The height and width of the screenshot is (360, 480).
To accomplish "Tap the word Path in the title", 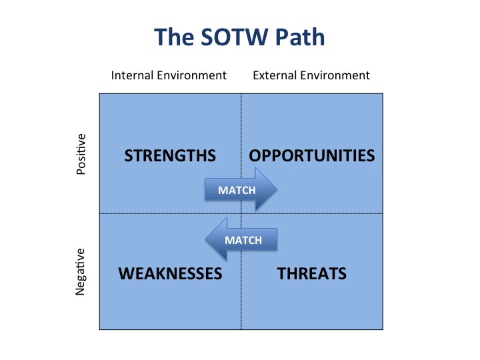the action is (300, 37).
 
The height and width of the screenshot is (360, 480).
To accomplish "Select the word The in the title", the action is (174, 37).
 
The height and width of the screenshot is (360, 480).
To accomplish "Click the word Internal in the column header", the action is (132, 75).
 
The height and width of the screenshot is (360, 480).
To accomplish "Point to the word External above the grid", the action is (275, 75).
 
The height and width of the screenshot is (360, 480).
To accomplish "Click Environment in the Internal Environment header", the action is (191, 75).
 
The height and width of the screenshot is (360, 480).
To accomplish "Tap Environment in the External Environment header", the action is (335, 75).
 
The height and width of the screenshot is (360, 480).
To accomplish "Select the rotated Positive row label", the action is (81, 154).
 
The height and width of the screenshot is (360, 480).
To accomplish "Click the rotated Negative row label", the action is (80, 272).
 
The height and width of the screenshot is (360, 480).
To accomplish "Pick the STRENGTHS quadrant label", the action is (170, 155).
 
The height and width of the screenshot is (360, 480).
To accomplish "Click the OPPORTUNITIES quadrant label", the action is (312, 155).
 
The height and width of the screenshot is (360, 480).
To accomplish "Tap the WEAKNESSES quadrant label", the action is (170, 273).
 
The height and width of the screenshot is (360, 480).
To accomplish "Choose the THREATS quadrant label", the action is (312, 273).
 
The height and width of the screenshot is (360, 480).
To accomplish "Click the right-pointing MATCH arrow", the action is (241, 190).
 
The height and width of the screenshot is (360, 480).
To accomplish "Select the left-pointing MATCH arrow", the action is (241, 239).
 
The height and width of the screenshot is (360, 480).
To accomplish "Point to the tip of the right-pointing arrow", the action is (277, 189).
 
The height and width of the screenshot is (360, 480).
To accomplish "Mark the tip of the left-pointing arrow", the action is (205, 239).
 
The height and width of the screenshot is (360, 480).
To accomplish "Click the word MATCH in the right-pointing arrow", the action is (237, 191).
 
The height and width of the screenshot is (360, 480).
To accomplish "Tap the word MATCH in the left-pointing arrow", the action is (243, 240).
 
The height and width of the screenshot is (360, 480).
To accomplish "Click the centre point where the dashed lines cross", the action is (241, 213).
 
